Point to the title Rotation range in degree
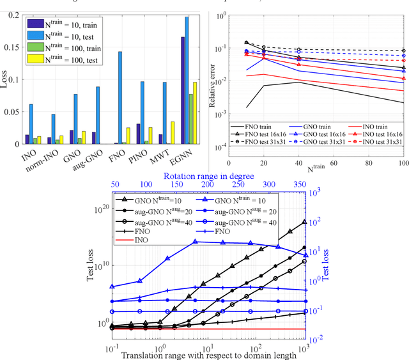pos(208,176)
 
